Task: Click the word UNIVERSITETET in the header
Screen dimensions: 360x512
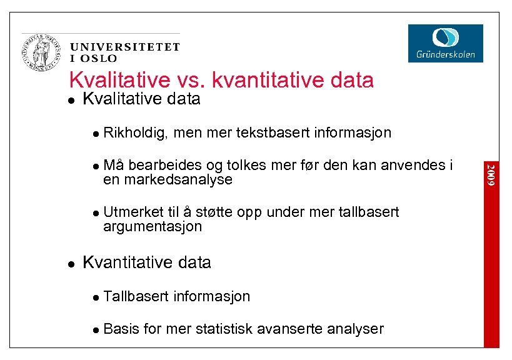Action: (x=125, y=47)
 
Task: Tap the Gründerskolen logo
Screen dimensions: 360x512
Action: (x=445, y=43)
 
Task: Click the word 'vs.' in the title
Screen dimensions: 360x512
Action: (x=191, y=80)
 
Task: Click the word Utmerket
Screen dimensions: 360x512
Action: (x=131, y=212)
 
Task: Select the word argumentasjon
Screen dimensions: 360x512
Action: (x=153, y=226)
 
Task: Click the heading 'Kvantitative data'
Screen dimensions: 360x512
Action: (x=147, y=262)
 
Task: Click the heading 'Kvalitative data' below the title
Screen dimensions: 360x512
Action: (x=141, y=99)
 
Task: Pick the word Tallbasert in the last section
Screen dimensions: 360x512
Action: (x=136, y=296)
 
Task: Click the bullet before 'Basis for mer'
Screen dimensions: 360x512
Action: (x=95, y=329)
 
